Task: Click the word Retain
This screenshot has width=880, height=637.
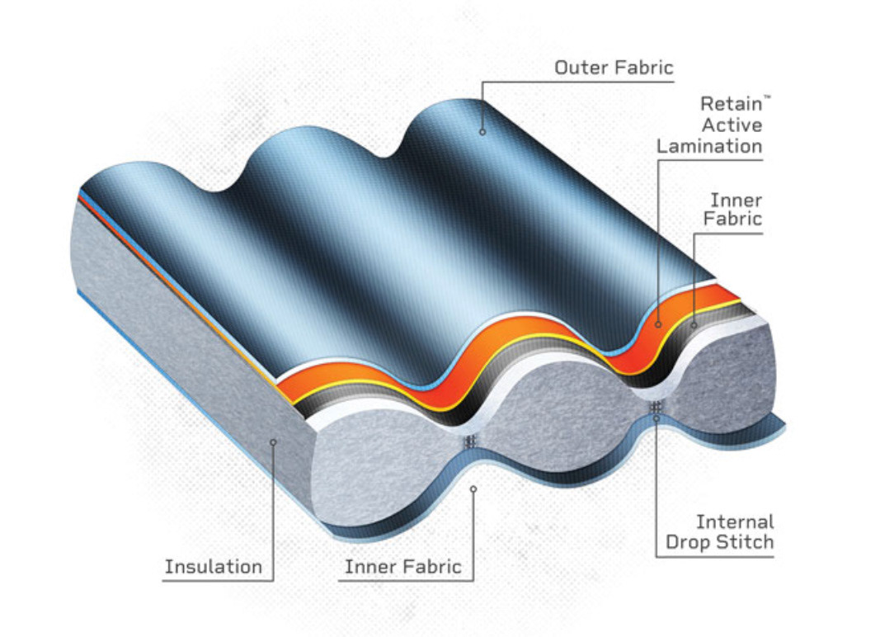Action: click(727, 105)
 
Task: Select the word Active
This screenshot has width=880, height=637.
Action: click(732, 125)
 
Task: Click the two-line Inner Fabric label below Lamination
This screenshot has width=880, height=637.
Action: click(735, 210)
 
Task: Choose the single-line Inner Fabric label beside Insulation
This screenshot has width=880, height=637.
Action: click(402, 567)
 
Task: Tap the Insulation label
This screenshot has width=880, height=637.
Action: click(213, 567)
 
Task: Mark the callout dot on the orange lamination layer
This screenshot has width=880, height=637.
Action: click(658, 324)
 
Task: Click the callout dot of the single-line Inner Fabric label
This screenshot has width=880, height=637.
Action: click(473, 489)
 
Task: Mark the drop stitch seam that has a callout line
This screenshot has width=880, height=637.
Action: click(656, 407)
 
